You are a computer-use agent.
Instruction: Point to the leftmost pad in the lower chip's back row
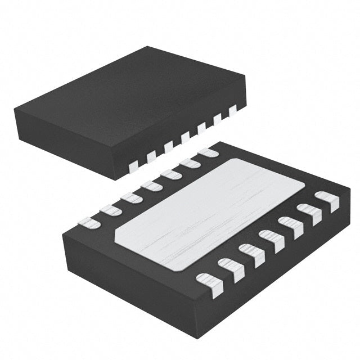(x=89, y=223)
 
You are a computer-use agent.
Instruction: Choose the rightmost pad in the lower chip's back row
(x=209, y=152)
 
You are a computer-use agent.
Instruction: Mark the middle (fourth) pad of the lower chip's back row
(x=151, y=185)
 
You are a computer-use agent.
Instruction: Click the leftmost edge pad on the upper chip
(x=133, y=165)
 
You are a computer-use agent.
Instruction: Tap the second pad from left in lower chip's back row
(x=110, y=210)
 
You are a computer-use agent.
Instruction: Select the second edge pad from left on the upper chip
(x=151, y=156)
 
